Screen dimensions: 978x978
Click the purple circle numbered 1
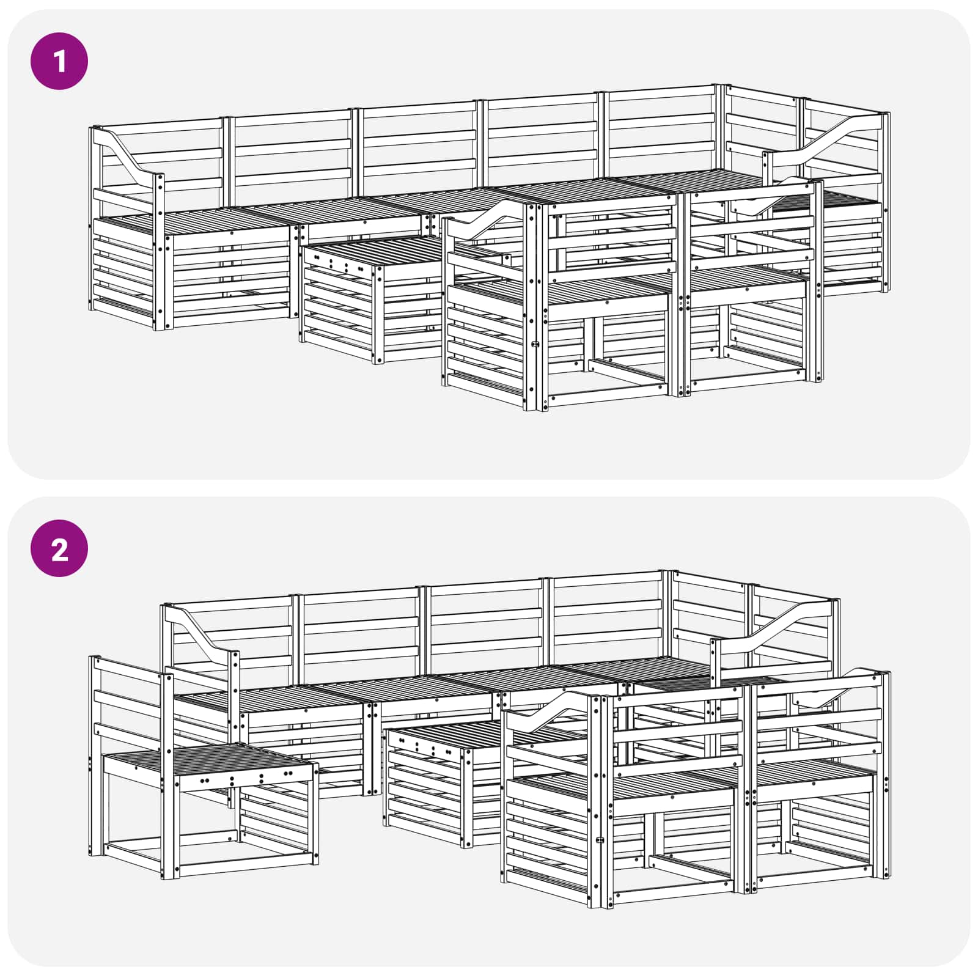(59, 61)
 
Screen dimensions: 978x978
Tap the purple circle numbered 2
(59, 548)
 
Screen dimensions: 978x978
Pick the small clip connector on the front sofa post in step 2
(600, 840)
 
